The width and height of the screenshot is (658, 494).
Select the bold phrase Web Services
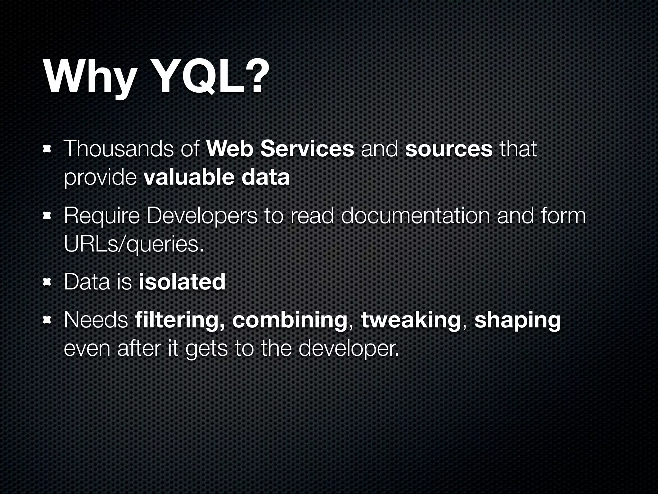280,149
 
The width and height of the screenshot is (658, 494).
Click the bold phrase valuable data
217,178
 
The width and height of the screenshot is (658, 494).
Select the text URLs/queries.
134,245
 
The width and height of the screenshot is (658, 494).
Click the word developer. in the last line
349,349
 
